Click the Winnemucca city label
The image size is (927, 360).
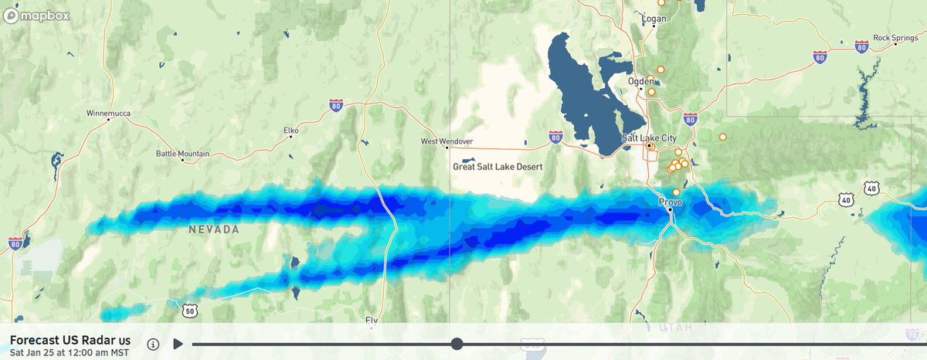coord(108,114)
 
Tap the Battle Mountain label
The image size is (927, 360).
coord(182,154)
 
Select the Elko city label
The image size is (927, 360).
coord(290,130)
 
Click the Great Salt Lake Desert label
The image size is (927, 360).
coord(497,166)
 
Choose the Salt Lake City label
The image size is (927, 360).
coord(650,138)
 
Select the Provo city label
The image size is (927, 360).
coord(670,202)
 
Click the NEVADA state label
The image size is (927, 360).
coord(214,229)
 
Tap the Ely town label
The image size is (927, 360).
coord(372,319)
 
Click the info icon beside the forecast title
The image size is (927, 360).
coord(153,344)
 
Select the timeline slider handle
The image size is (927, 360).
coord(457,344)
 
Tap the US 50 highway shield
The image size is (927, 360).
coord(190,311)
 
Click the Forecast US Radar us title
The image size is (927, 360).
coord(70,340)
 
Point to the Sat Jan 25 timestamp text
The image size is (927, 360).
coord(68,353)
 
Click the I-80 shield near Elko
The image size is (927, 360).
coord(335,105)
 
